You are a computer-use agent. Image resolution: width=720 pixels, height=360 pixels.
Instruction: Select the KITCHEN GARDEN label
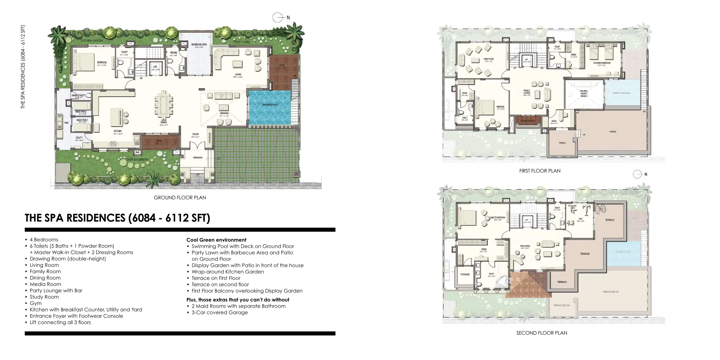[92, 40]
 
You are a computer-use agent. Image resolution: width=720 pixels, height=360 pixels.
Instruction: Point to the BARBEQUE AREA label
[199, 45]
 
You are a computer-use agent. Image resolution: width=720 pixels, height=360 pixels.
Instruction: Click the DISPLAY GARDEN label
[137, 160]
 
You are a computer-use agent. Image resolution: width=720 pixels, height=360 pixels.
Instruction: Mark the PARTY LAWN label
[242, 42]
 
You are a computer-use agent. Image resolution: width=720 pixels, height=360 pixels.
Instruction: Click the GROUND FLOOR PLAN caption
[180, 197]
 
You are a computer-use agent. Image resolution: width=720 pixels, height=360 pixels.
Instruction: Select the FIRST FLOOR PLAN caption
[540, 171]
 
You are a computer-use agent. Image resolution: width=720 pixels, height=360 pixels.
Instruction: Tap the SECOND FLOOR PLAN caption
[541, 333]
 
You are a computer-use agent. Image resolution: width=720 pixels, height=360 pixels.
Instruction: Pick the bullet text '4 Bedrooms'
[44, 240]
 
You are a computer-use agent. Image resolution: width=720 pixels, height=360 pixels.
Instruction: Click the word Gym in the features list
[35, 303]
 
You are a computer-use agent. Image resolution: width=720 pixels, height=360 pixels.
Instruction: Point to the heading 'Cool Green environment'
[216, 240]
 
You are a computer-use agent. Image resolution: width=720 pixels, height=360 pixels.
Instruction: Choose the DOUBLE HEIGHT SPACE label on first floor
[584, 93]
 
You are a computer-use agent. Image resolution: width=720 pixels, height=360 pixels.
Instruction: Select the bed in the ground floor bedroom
[84, 62]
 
